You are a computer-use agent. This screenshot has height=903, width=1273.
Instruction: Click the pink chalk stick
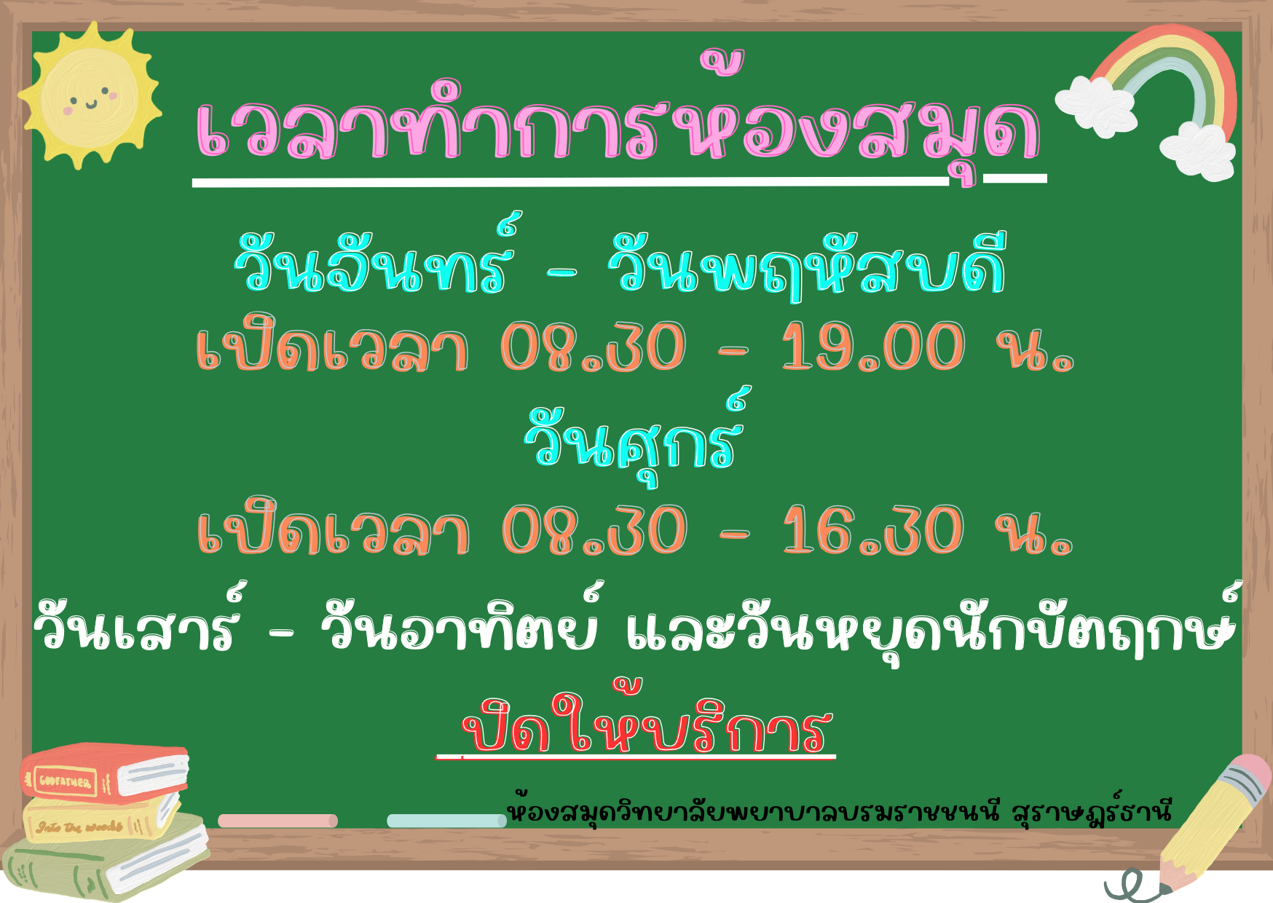(x=277, y=821)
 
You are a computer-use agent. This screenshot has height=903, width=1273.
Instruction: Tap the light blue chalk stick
(x=446, y=821)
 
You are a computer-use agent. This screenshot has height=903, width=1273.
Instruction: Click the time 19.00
(x=872, y=347)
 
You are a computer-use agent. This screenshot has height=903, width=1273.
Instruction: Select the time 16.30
(x=872, y=530)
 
